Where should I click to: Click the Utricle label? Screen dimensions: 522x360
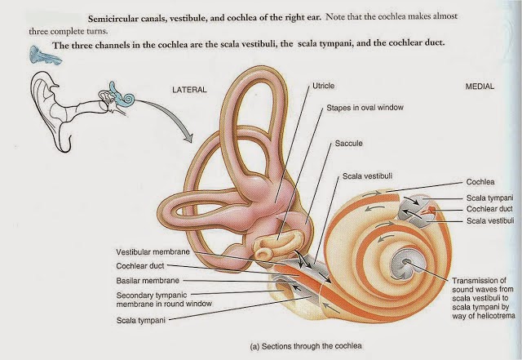click(323, 86)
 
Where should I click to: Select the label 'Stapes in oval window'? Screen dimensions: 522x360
click(365, 108)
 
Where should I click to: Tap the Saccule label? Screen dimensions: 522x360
click(348, 144)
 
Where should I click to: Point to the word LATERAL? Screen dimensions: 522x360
click(189, 90)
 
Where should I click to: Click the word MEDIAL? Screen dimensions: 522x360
click(480, 87)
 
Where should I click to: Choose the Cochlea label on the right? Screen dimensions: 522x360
click(480, 182)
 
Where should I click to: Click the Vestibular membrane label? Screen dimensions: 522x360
click(153, 252)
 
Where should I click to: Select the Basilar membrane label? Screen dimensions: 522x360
click(148, 281)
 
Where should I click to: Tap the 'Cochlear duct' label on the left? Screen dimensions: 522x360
click(140, 266)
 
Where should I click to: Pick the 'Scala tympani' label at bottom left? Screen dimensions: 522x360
click(141, 320)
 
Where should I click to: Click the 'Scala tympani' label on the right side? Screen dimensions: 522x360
click(489, 198)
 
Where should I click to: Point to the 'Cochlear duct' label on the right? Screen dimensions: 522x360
click(489, 209)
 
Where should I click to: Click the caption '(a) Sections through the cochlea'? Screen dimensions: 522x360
click(306, 346)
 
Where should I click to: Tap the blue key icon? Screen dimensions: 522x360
click(45, 55)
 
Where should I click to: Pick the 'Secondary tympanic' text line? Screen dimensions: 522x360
click(152, 296)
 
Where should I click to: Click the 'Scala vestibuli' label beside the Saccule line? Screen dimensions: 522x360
click(367, 176)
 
